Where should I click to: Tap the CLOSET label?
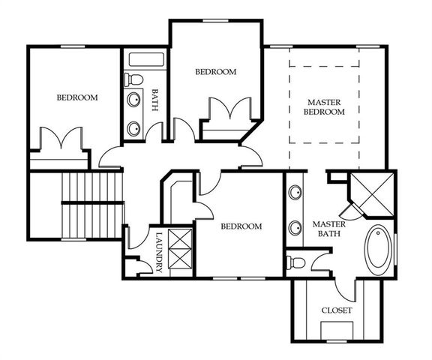337,310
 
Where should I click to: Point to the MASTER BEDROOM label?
324,106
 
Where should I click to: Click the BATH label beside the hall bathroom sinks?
155,100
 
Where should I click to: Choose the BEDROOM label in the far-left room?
78,97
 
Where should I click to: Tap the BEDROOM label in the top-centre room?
216,72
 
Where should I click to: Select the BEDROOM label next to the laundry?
241,226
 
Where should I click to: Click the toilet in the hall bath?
134,79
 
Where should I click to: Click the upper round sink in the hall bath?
134,100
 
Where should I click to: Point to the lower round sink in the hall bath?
134,128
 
